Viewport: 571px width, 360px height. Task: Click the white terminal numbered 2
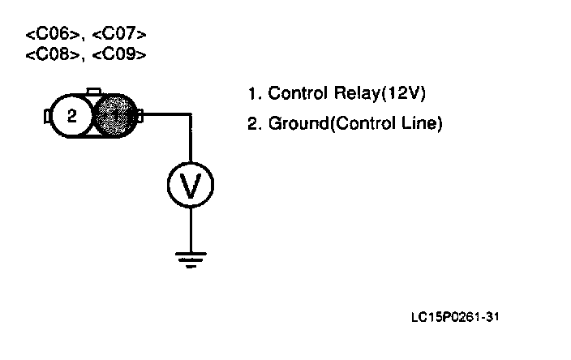[71, 116]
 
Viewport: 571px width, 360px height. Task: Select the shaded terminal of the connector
[115, 116]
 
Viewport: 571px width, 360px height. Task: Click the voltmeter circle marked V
[191, 187]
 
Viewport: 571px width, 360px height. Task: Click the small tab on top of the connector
[93, 91]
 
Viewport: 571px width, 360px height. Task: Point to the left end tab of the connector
[47, 117]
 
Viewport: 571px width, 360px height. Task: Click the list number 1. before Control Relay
[254, 93]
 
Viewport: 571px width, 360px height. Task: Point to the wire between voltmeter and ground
[191, 230]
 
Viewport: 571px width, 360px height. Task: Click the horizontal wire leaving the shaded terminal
[167, 115]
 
